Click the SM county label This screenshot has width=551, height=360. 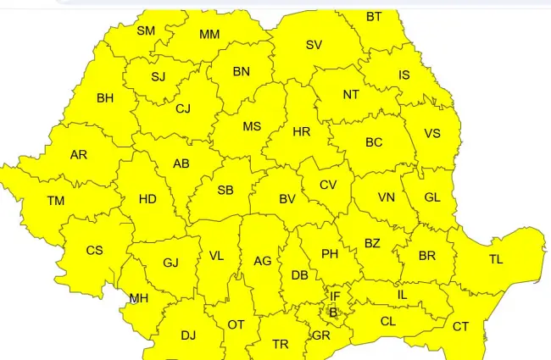point(146,30)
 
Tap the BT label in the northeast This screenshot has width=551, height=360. point(374,17)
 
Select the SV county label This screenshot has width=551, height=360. point(314,45)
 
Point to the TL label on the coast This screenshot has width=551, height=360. point(496,259)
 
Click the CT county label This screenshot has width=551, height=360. point(460,326)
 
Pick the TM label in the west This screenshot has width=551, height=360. point(56,201)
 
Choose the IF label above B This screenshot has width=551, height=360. point(335,296)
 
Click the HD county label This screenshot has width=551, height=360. point(147,199)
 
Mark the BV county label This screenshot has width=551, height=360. point(287,199)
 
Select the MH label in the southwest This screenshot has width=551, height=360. point(138,298)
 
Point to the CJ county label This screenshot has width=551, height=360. point(183,108)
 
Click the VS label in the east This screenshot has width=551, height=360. point(432,134)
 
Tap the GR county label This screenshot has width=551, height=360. point(320,335)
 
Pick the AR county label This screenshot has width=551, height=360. point(79,155)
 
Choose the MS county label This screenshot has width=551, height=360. point(252,126)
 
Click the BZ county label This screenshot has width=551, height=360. point(372,243)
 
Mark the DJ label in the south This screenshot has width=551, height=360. point(188,335)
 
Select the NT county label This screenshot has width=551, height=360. point(351,95)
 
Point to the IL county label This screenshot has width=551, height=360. point(403,294)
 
